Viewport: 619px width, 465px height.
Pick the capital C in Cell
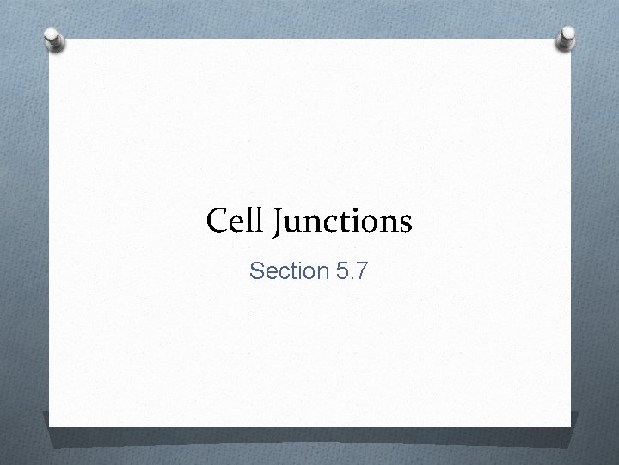(x=217, y=222)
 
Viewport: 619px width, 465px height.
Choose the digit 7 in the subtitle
(x=361, y=272)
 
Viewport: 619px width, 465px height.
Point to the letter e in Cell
(x=235, y=225)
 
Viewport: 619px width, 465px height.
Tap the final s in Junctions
(x=407, y=226)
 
